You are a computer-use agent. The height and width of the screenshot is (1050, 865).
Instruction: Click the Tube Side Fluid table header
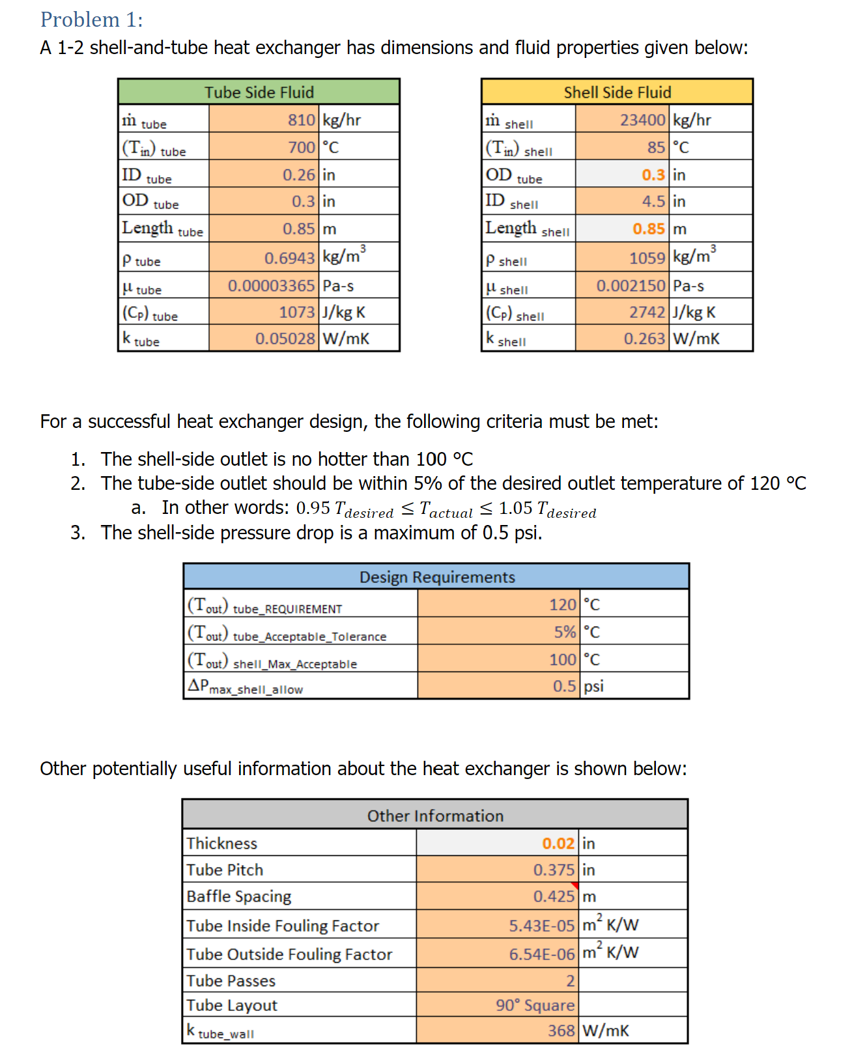259,92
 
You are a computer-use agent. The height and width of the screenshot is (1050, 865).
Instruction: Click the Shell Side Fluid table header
617,92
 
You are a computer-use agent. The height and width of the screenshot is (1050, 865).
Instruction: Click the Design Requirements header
436,577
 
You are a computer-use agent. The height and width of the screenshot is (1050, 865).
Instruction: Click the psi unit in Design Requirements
593,686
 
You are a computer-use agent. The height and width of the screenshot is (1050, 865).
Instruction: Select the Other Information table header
435,816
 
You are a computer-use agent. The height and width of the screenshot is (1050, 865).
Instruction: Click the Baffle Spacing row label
238,896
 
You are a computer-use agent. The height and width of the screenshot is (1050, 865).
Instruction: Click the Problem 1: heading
92,20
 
